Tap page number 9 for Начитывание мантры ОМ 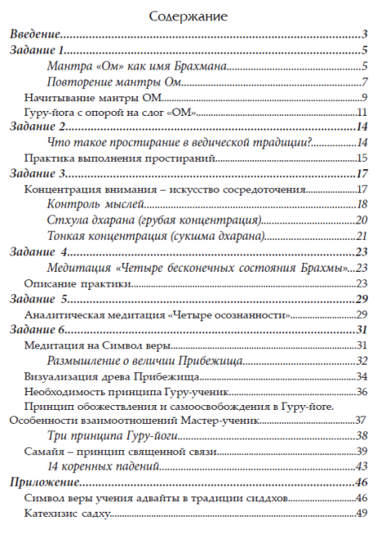(x=363, y=97)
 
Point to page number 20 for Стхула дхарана (x=361, y=219)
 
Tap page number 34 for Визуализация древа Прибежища (x=361, y=375)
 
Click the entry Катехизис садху (x=67, y=513)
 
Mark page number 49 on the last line (x=361, y=513)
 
